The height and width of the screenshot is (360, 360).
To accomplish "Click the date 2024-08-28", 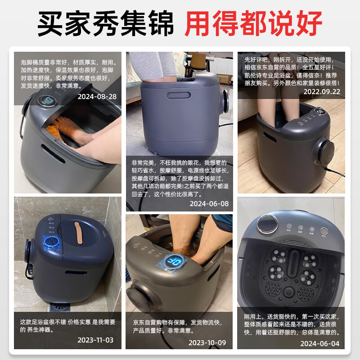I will (x=97, y=96).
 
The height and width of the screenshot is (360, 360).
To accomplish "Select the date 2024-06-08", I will (x=209, y=203).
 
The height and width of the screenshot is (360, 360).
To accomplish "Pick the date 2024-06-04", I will (x=320, y=343).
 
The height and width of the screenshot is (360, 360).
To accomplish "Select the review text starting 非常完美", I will (x=180, y=178).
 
